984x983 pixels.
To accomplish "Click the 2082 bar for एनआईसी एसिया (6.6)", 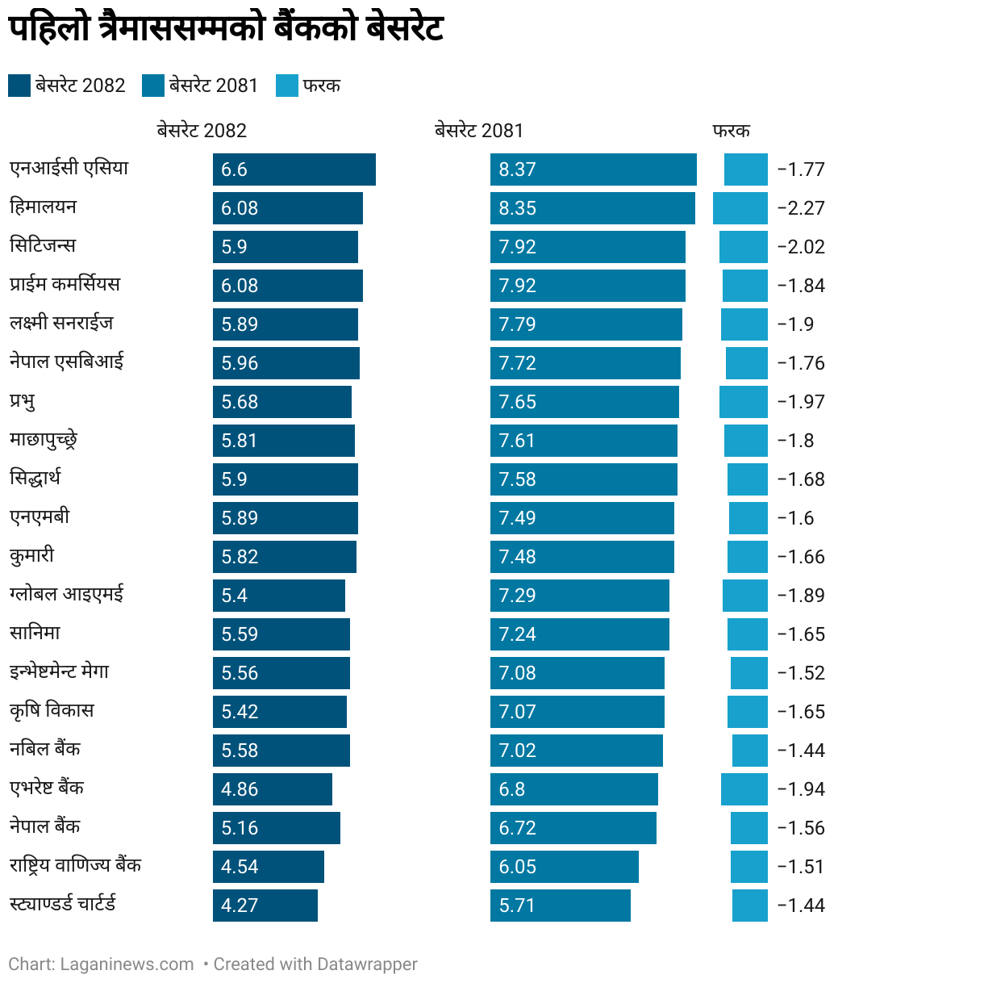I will click(x=294, y=169).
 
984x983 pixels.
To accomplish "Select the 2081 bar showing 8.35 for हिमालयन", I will click(x=592, y=208).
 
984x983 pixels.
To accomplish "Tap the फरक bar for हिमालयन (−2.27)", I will click(x=740, y=208).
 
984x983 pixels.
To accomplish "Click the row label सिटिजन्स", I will click(x=43, y=245).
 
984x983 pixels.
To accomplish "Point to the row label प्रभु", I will click(x=23, y=401).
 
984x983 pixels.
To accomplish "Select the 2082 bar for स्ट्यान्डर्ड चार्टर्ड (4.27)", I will click(x=265, y=906).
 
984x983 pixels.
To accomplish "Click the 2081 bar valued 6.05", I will click(x=564, y=867).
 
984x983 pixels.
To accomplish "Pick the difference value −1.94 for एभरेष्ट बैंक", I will click(x=800, y=789).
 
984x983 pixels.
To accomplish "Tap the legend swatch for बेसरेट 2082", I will click(x=19, y=86).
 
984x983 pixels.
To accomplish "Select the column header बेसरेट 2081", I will click(x=478, y=131).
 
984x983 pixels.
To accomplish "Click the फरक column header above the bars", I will click(x=731, y=131).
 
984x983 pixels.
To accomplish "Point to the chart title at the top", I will click(x=226, y=28).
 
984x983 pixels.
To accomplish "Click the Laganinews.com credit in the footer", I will click(x=127, y=964).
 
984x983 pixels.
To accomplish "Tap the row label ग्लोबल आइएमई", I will click(x=67, y=595).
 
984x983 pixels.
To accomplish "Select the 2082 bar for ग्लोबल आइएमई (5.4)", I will click(x=278, y=596).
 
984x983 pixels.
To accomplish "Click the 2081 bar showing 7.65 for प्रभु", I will click(x=584, y=402).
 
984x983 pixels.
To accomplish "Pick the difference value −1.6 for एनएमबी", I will click(x=795, y=518).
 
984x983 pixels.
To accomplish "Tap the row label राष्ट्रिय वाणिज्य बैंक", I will click(x=75, y=865).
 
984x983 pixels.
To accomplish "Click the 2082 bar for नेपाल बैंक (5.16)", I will click(x=276, y=828).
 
